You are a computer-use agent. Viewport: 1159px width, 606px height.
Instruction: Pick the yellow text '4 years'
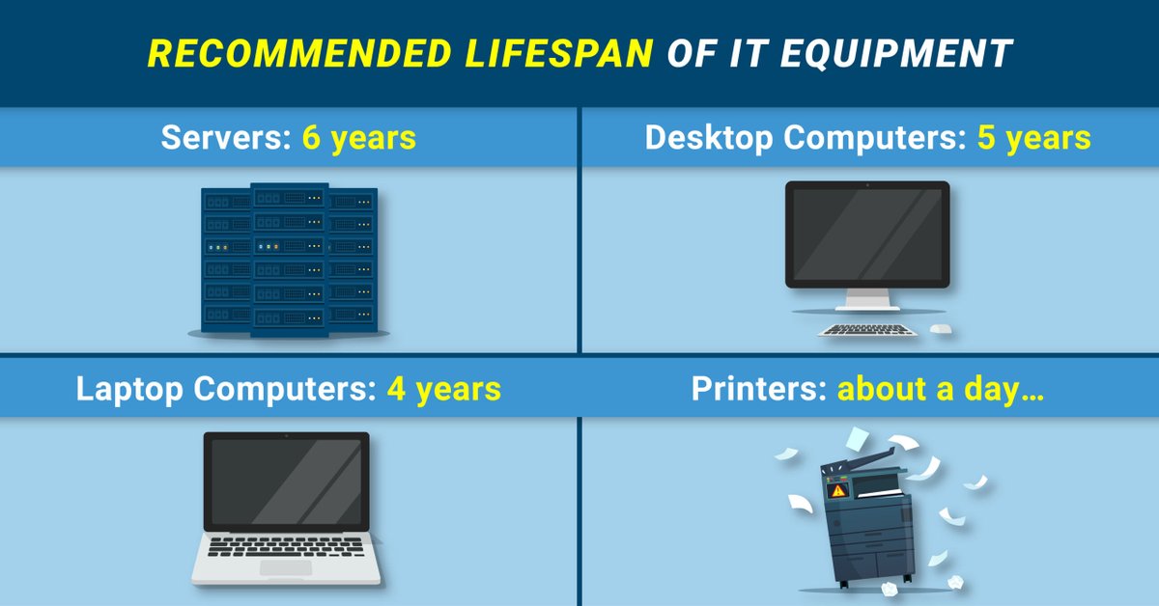click(444, 389)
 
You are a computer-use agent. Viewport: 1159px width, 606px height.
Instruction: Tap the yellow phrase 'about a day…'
click(929, 389)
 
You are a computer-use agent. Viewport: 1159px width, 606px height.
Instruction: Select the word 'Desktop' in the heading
click(710, 138)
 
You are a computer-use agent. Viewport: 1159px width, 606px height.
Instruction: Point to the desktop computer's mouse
click(941, 330)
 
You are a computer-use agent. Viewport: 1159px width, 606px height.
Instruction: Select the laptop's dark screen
click(287, 482)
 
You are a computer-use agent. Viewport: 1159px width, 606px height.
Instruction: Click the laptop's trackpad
click(286, 568)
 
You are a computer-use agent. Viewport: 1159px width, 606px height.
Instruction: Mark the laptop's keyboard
click(286, 545)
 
